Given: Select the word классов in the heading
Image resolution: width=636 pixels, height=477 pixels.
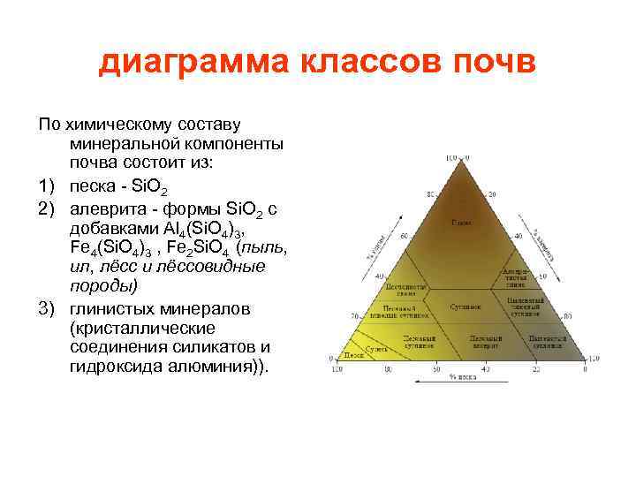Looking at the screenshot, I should pyautogui.click(x=372, y=64).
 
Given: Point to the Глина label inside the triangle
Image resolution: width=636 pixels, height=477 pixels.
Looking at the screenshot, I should pyautogui.click(x=460, y=222).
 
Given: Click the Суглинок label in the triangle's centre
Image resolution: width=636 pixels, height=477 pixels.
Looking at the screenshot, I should pyautogui.click(x=466, y=307).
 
